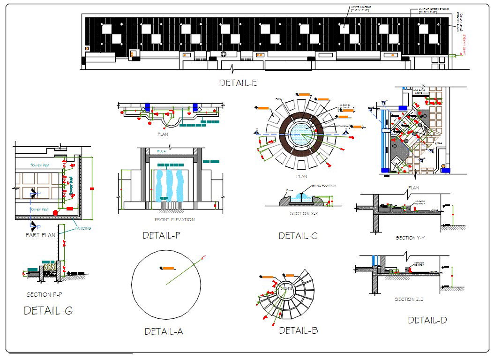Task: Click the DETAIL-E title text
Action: pyautogui.click(x=238, y=83)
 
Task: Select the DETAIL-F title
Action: pyautogui.click(x=162, y=236)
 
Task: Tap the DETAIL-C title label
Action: pyautogui.click(x=298, y=236)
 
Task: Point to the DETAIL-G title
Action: pyautogui.click(x=48, y=310)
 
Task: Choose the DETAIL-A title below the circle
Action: pyautogui.click(x=164, y=331)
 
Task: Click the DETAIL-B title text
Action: pyautogui.click(x=299, y=330)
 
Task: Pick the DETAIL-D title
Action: pyautogui.click(x=427, y=320)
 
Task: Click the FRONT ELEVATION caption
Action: pyautogui.click(x=174, y=219)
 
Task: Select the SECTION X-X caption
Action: pyautogui.click(x=304, y=213)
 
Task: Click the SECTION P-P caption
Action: pyautogui.click(x=44, y=295)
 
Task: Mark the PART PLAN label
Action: pyautogui.click(x=41, y=235)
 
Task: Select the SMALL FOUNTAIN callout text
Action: pyautogui.click(x=324, y=186)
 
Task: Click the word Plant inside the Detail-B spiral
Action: pyautogui.click(x=286, y=288)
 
